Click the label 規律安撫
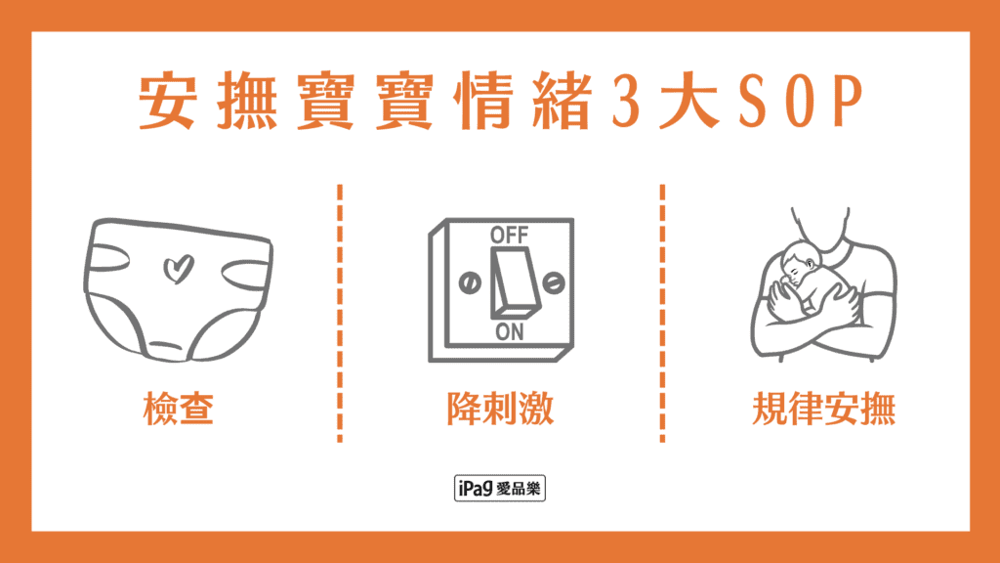824,410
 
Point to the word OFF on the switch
509,236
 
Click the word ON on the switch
509,331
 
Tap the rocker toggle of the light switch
509,282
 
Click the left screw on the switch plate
468,283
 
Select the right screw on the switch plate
552,283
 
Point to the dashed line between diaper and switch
341,313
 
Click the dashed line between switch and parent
662,313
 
